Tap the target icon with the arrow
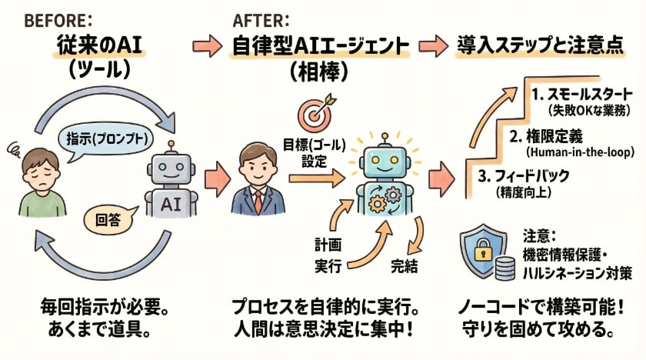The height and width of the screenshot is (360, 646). [x=315, y=112]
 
